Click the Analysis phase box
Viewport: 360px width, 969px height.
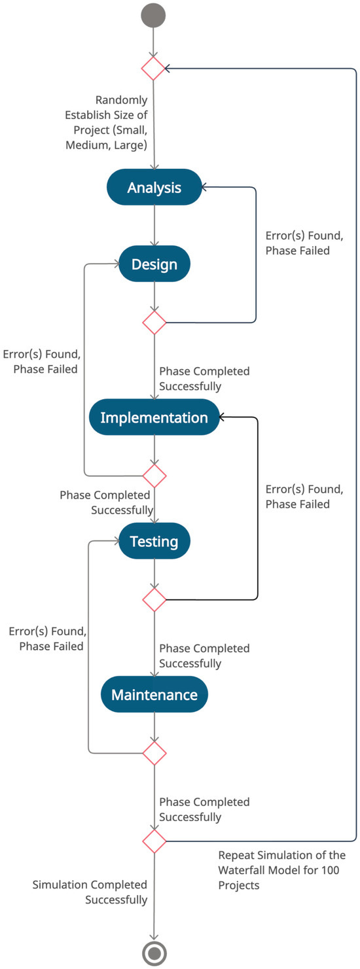pos(154,188)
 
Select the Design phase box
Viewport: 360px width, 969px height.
pos(154,264)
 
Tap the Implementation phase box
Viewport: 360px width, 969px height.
pos(154,417)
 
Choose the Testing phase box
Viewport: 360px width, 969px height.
pos(154,541)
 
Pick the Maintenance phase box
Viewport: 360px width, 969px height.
pos(154,694)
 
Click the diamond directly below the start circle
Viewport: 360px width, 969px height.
pos(154,68)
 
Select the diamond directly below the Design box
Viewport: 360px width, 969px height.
pos(154,323)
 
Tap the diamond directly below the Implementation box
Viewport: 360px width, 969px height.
pos(154,475)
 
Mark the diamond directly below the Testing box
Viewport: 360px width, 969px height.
pos(154,599)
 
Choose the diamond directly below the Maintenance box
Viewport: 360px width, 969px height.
pos(154,753)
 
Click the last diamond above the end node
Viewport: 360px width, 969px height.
pos(154,840)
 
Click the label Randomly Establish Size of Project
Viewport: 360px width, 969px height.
pos(108,122)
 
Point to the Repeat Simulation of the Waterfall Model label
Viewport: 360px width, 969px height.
pos(281,870)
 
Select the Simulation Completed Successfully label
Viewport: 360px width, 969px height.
pos(90,892)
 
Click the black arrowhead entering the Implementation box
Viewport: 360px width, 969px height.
pos(223,417)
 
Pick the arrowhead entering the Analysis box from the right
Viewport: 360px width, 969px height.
pos(205,188)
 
